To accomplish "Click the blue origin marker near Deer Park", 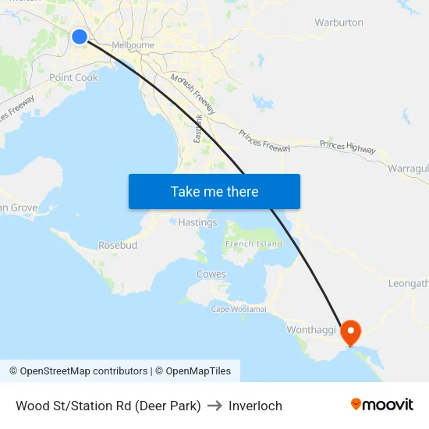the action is (80, 37).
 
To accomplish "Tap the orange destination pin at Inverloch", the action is (350, 332).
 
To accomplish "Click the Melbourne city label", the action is (133, 45).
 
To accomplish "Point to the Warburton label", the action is (339, 23).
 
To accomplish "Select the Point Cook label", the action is (73, 78).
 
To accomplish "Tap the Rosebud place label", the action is (118, 245).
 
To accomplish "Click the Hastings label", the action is (197, 222).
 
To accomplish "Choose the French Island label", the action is (253, 244).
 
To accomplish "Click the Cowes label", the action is (211, 275).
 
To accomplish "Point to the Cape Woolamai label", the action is (239, 309).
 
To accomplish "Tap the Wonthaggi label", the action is (310, 330).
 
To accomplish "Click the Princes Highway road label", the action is (348, 146).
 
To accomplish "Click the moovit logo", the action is (381, 404).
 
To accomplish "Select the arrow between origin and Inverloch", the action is (214, 406).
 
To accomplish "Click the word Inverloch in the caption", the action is (255, 406).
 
